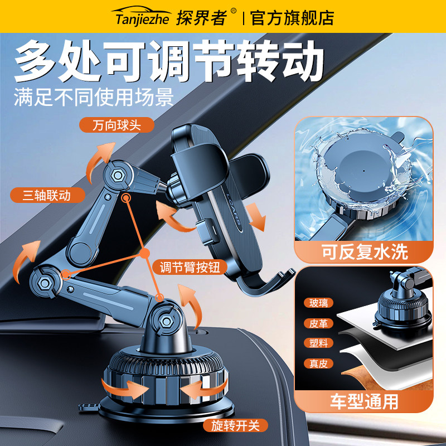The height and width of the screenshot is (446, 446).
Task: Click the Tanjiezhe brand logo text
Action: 144,18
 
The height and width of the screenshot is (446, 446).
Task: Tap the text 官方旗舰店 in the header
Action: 292,18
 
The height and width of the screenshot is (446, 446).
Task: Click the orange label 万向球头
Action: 115,124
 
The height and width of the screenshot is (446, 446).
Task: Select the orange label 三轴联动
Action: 47,195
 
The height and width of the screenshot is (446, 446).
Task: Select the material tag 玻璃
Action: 319,303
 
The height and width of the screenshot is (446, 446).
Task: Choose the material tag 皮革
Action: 319,323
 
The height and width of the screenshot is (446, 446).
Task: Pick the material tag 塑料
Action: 319,343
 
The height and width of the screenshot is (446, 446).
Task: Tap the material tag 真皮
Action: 319,363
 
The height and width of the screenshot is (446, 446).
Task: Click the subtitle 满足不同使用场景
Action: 94,97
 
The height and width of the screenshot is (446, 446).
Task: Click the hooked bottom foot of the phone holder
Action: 273,282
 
